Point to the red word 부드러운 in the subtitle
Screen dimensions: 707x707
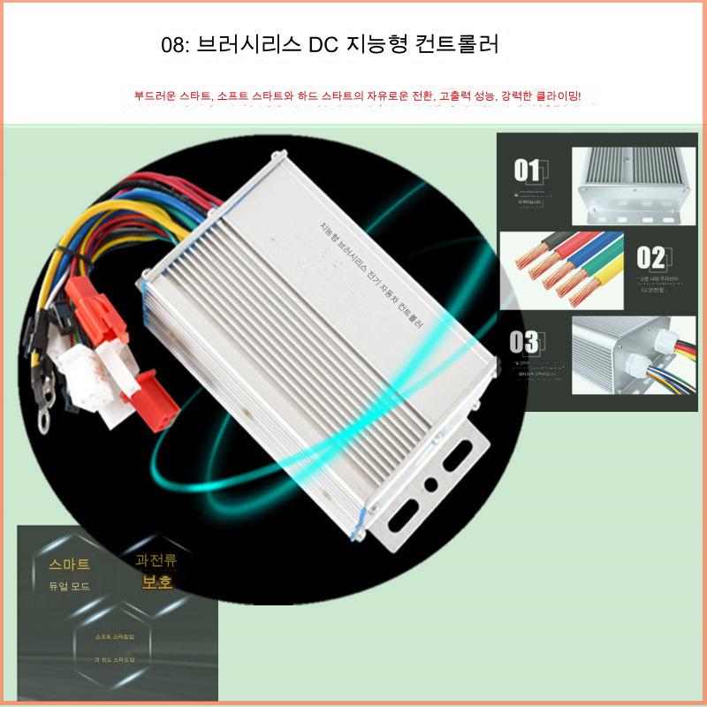point(155,95)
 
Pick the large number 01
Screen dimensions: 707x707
point(528,169)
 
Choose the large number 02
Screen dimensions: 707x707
point(650,257)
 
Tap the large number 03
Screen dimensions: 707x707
point(524,342)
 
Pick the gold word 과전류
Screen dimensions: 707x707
point(157,560)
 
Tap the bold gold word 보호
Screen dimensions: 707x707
point(162,583)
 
